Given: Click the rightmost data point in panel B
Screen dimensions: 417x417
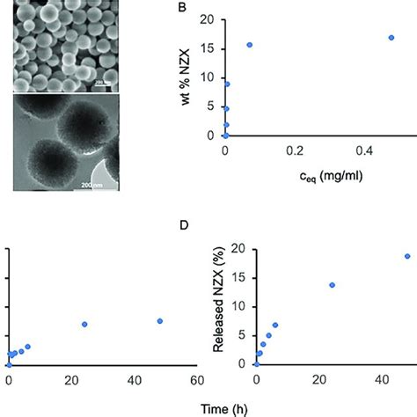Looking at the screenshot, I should (391, 38).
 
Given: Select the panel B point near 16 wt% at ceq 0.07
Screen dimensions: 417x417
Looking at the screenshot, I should (250, 45).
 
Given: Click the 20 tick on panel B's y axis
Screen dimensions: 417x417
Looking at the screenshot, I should (209, 19).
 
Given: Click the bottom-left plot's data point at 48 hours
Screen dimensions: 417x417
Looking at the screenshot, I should (159, 321).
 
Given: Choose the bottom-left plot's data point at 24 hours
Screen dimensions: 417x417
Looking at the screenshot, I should (84, 325).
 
